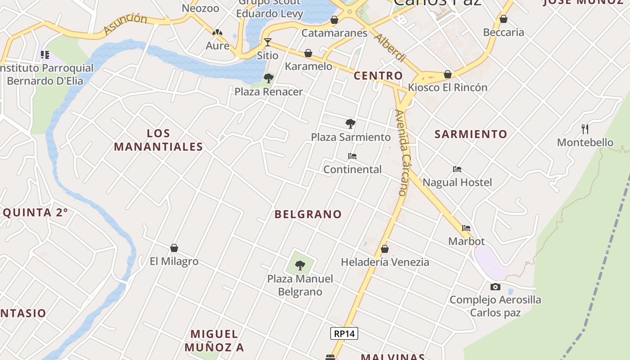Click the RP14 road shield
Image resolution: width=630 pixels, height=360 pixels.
[344, 333]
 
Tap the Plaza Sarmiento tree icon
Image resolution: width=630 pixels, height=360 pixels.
[350, 123]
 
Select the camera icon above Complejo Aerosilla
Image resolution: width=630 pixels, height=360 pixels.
[495, 287]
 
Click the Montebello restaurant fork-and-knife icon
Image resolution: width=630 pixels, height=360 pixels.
[585, 129]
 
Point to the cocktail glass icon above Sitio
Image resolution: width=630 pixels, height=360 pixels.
[268, 42]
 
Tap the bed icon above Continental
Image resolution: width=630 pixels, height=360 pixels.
[352, 156]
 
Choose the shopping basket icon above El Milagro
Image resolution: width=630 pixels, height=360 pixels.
[174, 248]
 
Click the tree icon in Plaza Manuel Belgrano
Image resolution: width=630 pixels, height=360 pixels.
[300, 265]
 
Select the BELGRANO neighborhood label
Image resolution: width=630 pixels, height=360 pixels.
[308, 214]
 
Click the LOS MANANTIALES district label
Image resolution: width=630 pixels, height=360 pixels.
[158, 140]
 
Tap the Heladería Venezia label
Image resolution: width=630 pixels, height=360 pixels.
[385, 262]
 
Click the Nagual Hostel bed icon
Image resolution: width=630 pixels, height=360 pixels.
[457, 169]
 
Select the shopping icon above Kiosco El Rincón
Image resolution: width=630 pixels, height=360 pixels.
[448, 74]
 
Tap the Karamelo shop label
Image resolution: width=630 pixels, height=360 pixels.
[309, 67]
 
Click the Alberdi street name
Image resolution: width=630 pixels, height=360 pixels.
[390, 48]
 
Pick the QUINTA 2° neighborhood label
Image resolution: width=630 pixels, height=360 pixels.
[35, 212]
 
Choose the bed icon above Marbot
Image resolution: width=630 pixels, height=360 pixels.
[466, 228]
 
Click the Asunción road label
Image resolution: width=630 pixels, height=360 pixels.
[125, 24]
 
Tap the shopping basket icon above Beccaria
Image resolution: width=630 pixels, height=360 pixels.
[504, 19]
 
